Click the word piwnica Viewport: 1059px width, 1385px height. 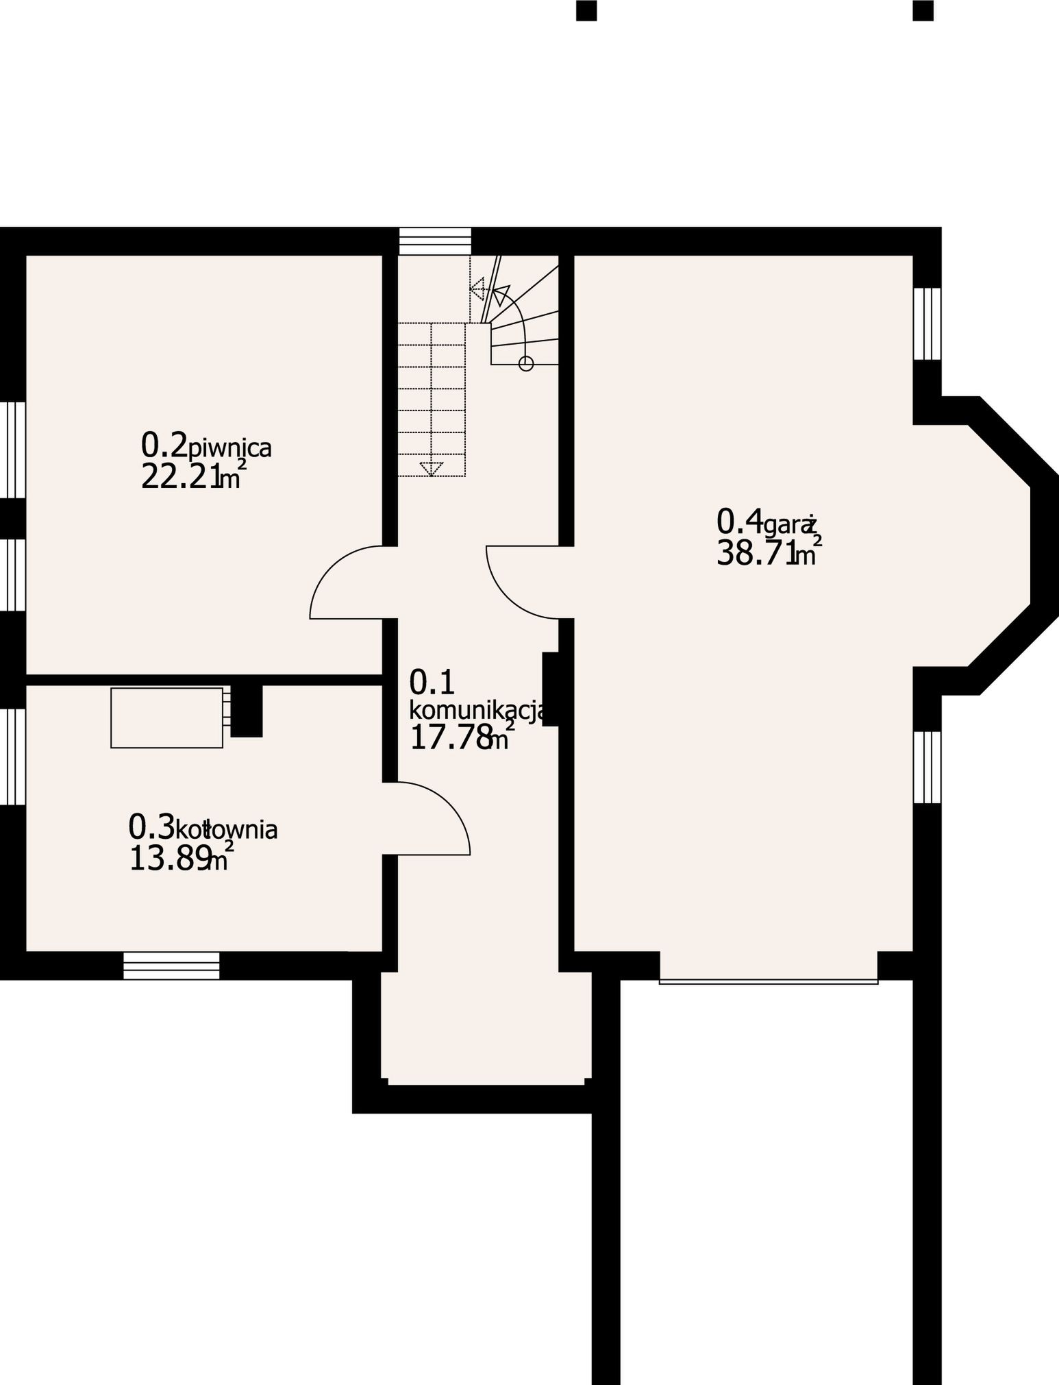pyautogui.click(x=230, y=448)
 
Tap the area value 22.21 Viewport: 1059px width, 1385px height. pyautogui.click(x=182, y=476)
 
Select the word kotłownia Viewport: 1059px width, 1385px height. pyautogui.click(x=227, y=830)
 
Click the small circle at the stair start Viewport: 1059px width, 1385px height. pyautogui.click(x=526, y=363)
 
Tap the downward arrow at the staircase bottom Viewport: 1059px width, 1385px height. pyautogui.click(x=431, y=469)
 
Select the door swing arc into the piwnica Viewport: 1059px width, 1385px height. pyautogui.click(x=332, y=568)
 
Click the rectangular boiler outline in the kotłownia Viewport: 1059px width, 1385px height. pyautogui.click(x=166, y=718)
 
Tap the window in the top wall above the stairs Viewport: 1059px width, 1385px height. pyautogui.click(x=436, y=241)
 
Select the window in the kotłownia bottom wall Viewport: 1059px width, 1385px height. pyautogui.click(x=171, y=966)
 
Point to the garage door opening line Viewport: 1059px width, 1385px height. pyautogui.click(x=769, y=981)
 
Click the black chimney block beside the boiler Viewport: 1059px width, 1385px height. pyautogui.click(x=247, y=711)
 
